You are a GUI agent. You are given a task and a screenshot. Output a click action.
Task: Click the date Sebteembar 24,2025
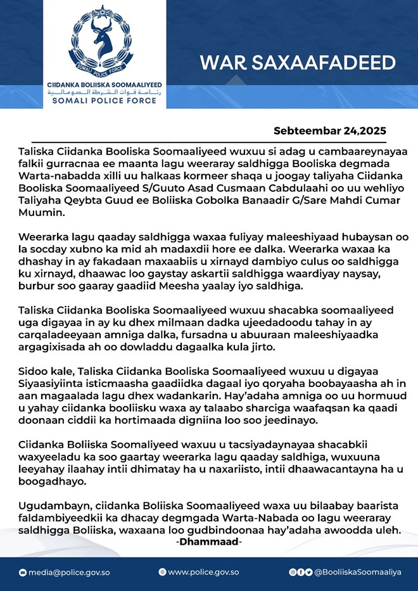pos(329,131)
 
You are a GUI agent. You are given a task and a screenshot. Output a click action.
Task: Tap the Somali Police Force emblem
pos(104,41)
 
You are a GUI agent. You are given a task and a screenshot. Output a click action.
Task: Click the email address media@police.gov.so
pos(69,572)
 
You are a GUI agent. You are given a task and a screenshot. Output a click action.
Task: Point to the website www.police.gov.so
pos(203,572)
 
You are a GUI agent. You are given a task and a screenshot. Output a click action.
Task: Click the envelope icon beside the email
pos(23,572)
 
